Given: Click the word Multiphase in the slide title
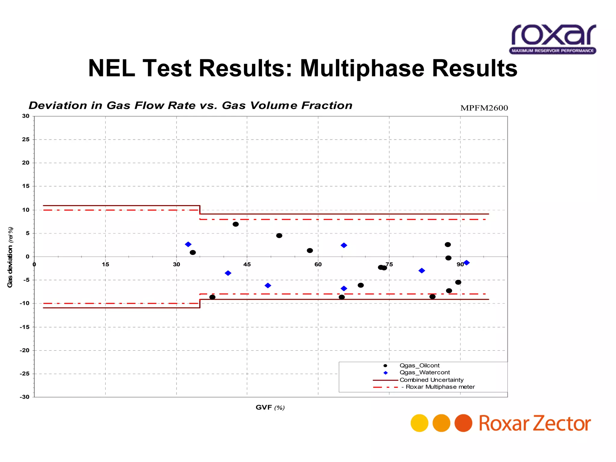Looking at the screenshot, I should click(362, 69).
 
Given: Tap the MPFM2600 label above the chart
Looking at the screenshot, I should click(484, 108).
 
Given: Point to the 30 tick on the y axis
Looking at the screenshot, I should click(26, 116).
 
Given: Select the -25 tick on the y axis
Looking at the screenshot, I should click(25, 374).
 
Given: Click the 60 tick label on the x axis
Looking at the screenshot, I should click(318, 264).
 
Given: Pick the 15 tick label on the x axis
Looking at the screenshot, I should click(105, 264).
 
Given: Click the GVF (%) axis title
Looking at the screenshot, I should click(270, 408).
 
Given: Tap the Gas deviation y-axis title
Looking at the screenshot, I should click(10, 257).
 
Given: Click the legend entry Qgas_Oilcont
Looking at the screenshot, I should click(419, 365).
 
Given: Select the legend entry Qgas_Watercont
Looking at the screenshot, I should click(424, 372).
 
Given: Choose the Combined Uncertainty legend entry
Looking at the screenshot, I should click(431, 380).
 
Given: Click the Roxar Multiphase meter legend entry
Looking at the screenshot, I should click(440, 387).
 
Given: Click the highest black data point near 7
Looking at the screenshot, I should click(236, 224).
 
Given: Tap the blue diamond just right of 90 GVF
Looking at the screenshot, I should click(467, 263).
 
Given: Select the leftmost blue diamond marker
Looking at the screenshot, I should click(188, 244).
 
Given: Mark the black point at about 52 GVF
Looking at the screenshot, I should click(279, 236).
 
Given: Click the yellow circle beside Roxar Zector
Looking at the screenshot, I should click(419, 423).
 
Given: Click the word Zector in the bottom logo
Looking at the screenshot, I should click(562, 423).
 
